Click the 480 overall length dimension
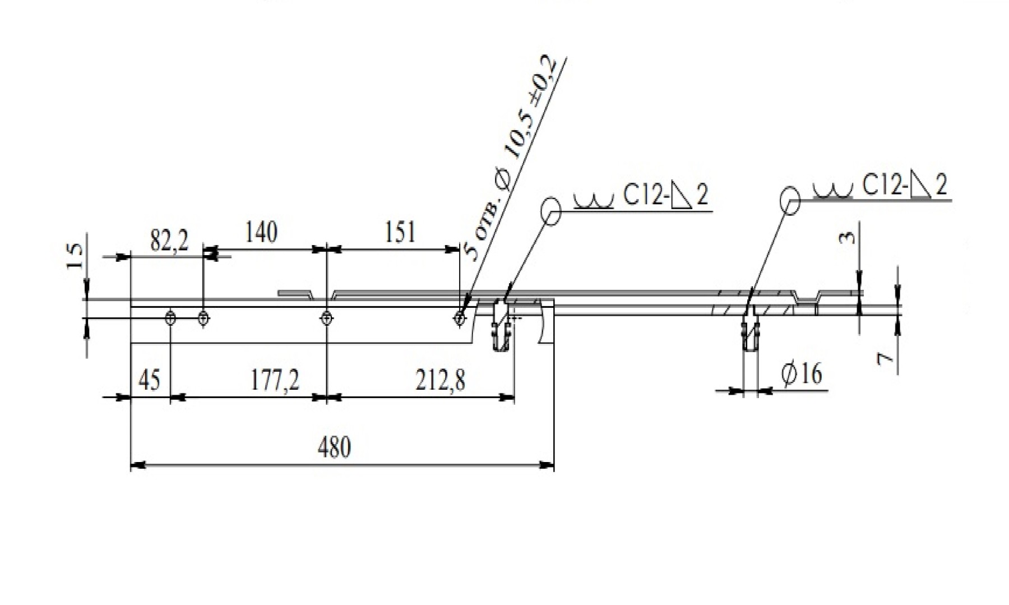[335, 447]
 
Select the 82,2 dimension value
[169, 241]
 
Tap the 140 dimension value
[261, 232]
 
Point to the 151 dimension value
[400, 232]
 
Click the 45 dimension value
[149, 380]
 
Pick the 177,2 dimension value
[275, 380]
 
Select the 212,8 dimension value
[441, 380]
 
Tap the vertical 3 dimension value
[848, 238]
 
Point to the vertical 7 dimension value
[885, 358]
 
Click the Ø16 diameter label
[802, 374]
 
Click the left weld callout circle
[551, 211]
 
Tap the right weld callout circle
[790, 200]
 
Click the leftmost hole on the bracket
[171, 318]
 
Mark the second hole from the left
[204, 318]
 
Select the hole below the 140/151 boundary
[327, 318]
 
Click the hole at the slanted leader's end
[460, 318]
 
